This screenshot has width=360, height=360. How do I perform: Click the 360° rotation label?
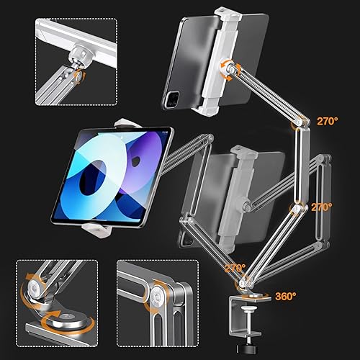(286, 297)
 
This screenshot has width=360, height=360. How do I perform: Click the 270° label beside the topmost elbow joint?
(328, 121)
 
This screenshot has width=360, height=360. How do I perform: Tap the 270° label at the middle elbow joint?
(322, 207)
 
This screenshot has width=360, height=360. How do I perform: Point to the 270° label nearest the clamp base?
(235, 268)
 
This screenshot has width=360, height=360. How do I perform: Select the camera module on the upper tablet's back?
(172, 99)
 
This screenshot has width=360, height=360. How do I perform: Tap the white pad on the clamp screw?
(248, 310)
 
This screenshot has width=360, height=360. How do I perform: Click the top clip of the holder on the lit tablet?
(127, 122)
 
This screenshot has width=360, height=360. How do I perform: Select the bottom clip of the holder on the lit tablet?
(96, 230)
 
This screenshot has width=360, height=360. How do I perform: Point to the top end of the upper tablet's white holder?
(228, 14)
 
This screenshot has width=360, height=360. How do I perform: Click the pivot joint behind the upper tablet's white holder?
(228, 68)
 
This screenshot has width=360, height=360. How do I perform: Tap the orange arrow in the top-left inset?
(79, 76)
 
